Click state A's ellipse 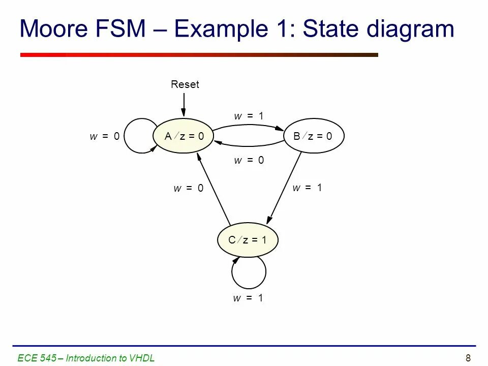pos(184,136)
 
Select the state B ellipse pos(314,136)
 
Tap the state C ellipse pos(248,240)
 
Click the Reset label pos(185,84)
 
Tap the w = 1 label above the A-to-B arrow pos(249,116)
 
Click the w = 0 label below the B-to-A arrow pos(249,161)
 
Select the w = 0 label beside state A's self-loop pos(105,136)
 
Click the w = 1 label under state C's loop pos(248,298)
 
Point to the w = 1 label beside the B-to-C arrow pos(307,188)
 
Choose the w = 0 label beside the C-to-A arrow pos(188,189)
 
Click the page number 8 pos(468,358)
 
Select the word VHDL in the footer pos(142,358)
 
